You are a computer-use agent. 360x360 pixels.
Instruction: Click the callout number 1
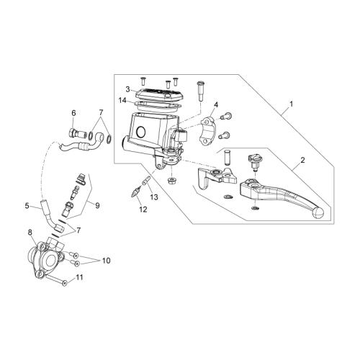pyautogui.click(x=292, y=104)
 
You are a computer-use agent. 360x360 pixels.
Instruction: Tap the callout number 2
pyautogui.click(x=302, y=160)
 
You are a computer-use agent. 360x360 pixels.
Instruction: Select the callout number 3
pyautogui.click(x=127, y=89)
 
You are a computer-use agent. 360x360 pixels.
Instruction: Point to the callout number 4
pyautogui.click(x=216, y=104)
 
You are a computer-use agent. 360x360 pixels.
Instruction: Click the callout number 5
pyautogui.click(x=27, y=206)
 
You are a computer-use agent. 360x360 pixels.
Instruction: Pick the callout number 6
pyautogui.click(x=73, y=113)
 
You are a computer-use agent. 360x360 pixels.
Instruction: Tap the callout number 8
pyautogui.click(x=30, y=233)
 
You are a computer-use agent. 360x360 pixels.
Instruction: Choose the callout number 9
pyautogui.click(x=97, y=205)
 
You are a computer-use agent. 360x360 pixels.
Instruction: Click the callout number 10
pyautogui.click(x=107, y=261)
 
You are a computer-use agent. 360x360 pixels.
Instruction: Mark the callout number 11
pyautogui.click(x=79, y=277)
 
